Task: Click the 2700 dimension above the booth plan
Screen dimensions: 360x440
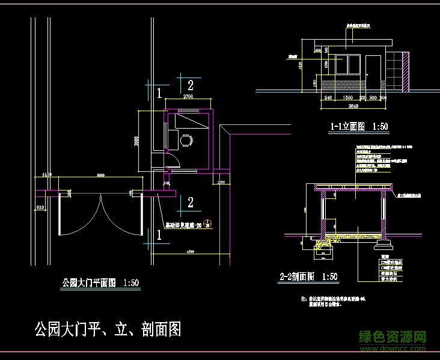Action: pyautogui.click(x=188, y=96)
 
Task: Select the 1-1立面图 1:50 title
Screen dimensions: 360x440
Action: pyautogui.click(x=359, y=127)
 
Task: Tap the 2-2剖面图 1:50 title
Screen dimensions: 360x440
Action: pyautogui.click(x=309, y=276)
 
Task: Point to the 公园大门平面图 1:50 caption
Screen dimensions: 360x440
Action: pyautogui.click(x=101, y=282)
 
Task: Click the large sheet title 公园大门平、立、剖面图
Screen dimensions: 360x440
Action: pyautogui.click(x=108, y=329)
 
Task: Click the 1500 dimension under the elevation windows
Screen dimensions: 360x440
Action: pyautogui.click(x=347, y=97)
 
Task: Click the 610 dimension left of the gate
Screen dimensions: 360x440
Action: pyautogui.click(x=40, y=207)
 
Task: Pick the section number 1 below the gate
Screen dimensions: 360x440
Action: pyautogui.click(x=159, y=236)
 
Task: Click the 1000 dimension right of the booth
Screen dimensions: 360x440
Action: pyautogui.click(x=221, y=182)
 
